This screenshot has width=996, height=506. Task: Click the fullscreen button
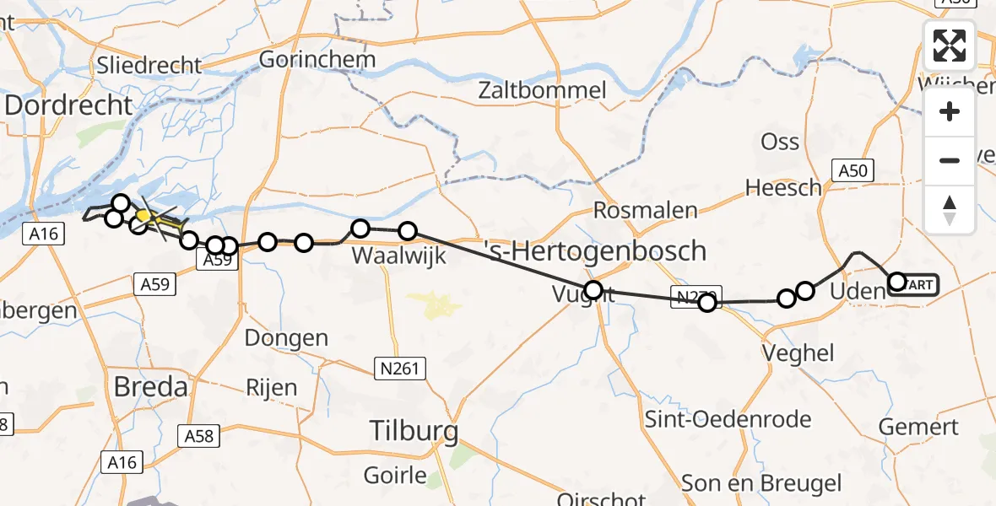950,46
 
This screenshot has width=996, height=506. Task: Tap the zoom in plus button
950,112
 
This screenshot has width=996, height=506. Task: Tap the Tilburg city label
414,433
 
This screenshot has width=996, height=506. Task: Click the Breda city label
151,387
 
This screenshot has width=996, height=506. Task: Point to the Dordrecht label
69,105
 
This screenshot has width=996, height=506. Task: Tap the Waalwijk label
388,254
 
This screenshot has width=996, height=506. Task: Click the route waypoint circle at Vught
593,291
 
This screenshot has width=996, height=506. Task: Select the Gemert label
918,427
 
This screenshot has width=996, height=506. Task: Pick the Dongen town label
286,338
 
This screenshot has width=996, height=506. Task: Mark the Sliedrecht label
149,65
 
